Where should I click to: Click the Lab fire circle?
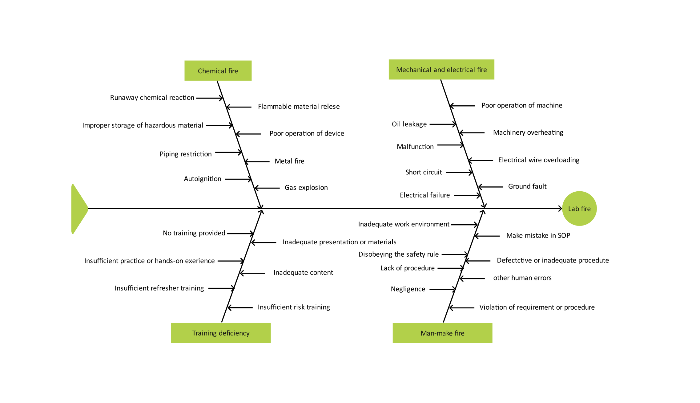(579, 209)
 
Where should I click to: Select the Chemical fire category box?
(218, 71)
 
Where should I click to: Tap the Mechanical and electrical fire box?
(441, 70)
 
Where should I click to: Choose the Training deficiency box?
(221, 333)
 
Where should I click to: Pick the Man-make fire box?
(442, 333)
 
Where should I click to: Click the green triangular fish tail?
(78, 209)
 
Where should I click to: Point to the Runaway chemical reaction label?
(152, 98)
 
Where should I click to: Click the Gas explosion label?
(306, 188)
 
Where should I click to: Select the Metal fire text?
(289, 161)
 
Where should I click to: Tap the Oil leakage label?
(409, 124)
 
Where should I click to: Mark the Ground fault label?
(527, 186)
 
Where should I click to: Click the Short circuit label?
(424, 172)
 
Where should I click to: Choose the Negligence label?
(408, 289)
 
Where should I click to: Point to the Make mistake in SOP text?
(538, 236)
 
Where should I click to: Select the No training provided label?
(194, 233)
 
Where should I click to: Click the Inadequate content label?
(303, 273)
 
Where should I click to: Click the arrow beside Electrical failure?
(467, 195)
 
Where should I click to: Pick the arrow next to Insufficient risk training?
(240, 307)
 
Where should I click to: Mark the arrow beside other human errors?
(472, 279)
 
